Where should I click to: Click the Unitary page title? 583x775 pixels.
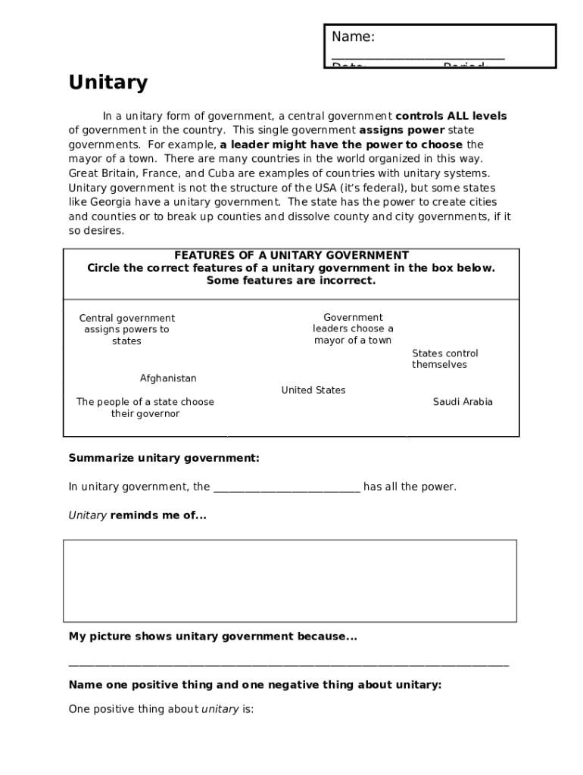tap(108, 82)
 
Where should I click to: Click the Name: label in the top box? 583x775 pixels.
tap(353, 37)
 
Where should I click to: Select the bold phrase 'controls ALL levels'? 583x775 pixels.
tap(450, 116)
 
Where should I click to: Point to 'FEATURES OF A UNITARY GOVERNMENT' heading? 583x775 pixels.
tap(291, 256)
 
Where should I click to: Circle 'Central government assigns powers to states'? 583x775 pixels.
tap(126, 329)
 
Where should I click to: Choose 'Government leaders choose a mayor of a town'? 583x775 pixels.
tap(353, 328)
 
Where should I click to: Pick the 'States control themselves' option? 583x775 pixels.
tap(444, 359)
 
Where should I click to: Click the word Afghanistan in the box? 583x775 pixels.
tap(168, 378)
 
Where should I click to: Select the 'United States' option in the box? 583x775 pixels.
tap(313, 391)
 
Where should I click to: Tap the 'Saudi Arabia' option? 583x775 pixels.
tap(462, 402)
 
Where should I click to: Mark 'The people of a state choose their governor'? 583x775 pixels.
tap(145, 408)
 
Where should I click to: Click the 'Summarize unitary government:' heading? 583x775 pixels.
tap(164, 458)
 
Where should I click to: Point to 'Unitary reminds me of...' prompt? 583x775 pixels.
tap(137, 515)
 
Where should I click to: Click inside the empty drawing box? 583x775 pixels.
tap(290, 580)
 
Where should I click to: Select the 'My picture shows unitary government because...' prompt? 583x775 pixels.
tap(212, 636)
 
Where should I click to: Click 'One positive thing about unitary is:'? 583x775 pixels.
tap(161, 709)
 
